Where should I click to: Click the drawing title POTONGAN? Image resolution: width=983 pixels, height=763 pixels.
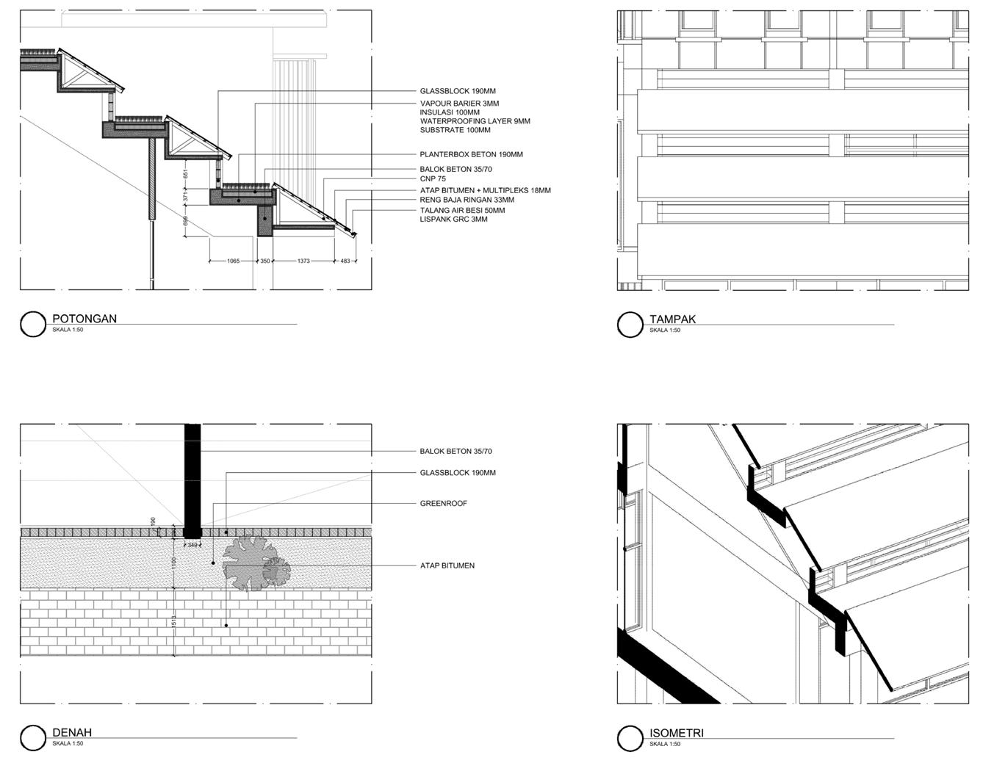point(84,319)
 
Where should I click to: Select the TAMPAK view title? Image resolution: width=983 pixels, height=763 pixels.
point(672,319)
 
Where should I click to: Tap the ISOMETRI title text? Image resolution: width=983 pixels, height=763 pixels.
point(677,732)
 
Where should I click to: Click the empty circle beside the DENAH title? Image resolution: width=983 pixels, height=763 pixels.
point(33,738)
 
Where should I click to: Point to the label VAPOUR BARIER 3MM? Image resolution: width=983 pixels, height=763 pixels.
point(459,104)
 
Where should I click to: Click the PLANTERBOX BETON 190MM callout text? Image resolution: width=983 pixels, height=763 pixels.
point(471,155)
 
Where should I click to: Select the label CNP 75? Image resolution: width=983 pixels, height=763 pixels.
point(433,179)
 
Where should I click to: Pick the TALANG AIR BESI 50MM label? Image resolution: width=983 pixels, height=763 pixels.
point(462,210)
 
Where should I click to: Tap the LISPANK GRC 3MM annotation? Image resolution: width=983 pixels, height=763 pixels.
point(453,219)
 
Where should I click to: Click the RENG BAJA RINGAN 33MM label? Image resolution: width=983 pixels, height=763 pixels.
point(467,200)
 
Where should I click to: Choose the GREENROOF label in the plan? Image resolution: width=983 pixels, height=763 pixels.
point(443,504)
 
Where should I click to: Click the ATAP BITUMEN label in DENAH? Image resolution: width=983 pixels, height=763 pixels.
point(447,565)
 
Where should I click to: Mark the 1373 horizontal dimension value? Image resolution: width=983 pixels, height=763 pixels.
point(304,261)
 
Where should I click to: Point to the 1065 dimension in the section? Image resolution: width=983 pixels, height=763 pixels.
point(233,261)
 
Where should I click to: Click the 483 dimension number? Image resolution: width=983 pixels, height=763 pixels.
point(345,261)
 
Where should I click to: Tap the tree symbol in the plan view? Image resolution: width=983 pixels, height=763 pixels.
point(253,564)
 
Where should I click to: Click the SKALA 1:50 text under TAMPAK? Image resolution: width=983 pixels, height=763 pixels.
point(664,330)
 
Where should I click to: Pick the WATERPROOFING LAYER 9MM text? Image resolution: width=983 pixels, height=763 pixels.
point(475,121)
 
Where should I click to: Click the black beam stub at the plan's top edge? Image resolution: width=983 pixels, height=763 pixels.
point(192,477)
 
